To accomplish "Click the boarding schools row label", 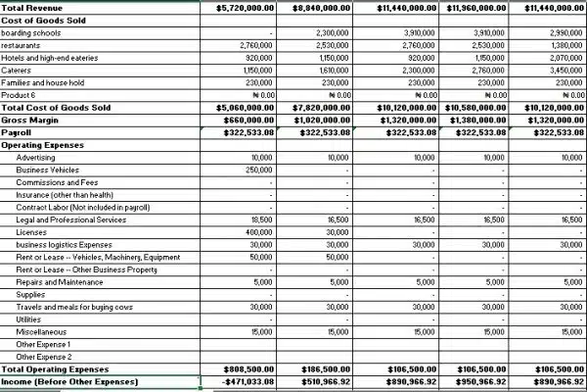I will (32, 32).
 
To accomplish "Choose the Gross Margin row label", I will (30, 120).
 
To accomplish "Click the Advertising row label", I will (39, 157).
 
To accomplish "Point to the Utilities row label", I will (29, 319).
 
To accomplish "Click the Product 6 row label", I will (21, 95).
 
